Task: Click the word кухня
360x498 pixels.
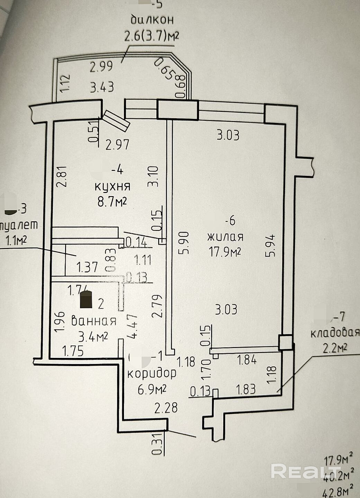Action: [x=112, y=186]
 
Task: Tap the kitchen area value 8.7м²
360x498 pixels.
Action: [x=112, y=201]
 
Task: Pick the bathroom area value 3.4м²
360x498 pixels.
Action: [x=93, y=336]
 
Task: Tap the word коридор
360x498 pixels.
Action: [x=152, y=373]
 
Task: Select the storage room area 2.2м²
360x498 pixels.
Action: [x=335, y=348]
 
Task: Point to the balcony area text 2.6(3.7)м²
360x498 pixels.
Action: [x=152, y=36]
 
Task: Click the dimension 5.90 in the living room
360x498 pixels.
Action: [x=184, y=243]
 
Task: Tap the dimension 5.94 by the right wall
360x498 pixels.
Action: [x=270, y=245]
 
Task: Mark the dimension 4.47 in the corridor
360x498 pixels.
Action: [x=133, y=326]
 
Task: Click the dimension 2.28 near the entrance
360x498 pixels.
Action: [x=166, y=408]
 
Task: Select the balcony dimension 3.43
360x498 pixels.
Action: [x=102, y=87]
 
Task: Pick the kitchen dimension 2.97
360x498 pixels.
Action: [x=118, y=144]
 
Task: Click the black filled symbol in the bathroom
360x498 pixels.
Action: [x=86, y=299]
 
